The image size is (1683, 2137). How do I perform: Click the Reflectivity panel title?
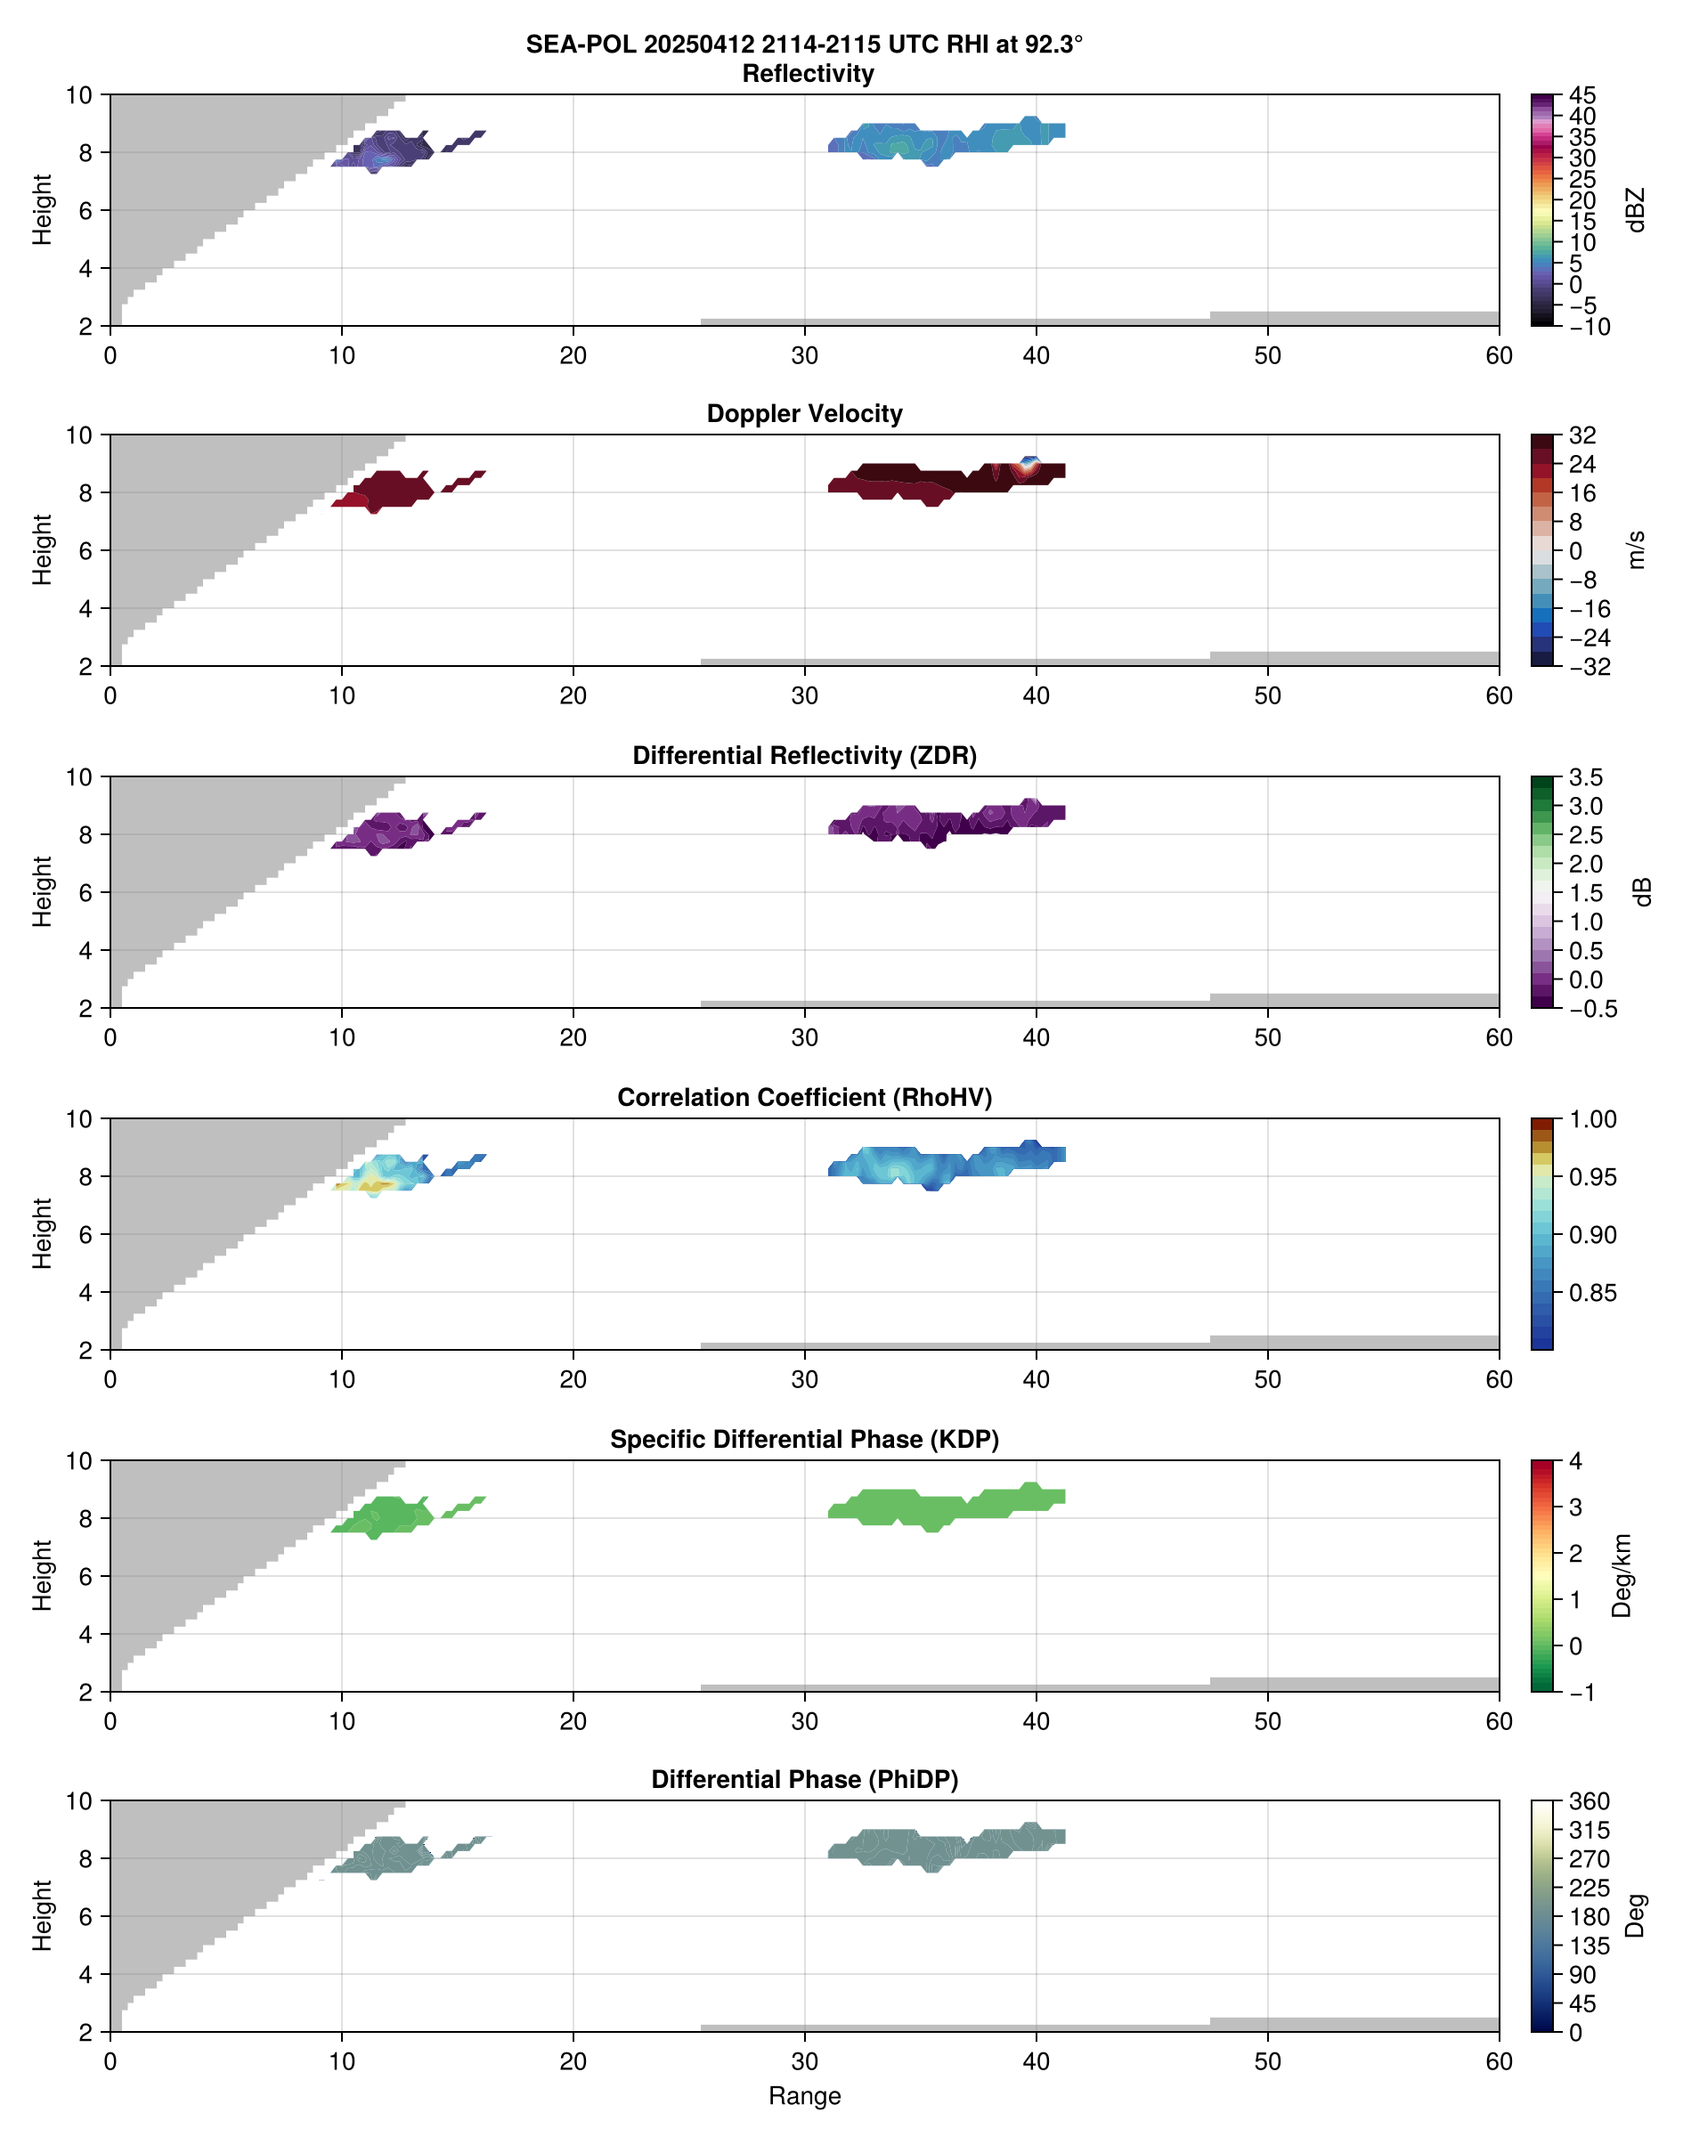pyautogui.click(x=808, y=74)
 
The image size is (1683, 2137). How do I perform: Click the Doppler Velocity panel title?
pyautogui.click(x=804, y=414)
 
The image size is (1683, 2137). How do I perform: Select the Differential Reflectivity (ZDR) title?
pyautogui.click(x=804, y=756)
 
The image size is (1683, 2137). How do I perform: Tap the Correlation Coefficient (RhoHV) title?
pyautogui.click(x=804, y=1098)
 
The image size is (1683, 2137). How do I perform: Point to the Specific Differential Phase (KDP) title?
pyautogui.click(x=804, y=1440)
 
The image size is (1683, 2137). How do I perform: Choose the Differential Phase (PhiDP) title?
pyautogui.click(x=804, y=1779)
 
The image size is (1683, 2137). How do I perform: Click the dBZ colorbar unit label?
pyautogui.click(x=1636, y=210)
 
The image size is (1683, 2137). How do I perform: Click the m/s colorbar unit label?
pyautogui.click(x=1636, y=549)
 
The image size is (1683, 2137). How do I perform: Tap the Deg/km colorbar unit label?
pyautogui.click(x=1621, y=1575)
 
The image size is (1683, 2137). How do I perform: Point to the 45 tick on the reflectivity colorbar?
pyautogui.click(x=1582, y=95)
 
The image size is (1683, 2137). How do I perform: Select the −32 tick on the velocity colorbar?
pyautogui.click(x=1589, y=667)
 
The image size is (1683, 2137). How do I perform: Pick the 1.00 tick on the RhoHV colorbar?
pyautogui.click(x=1591, y=1119)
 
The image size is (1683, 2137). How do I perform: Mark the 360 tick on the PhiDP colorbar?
pyautogui.click(x=1589, y=1802)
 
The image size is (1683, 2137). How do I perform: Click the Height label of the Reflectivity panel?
pyautogui.click(x=41, y=210)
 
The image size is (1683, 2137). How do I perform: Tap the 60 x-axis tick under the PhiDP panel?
pyautogui.click(x=1498, y=2061)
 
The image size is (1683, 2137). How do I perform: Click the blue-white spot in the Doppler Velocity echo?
pyautogui.click(x=1029, y=463)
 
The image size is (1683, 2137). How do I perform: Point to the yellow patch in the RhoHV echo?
pyautogui.click(x=377, y=1183)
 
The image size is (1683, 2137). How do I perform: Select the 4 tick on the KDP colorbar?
pyautogui.click(x=1574, y=1461)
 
